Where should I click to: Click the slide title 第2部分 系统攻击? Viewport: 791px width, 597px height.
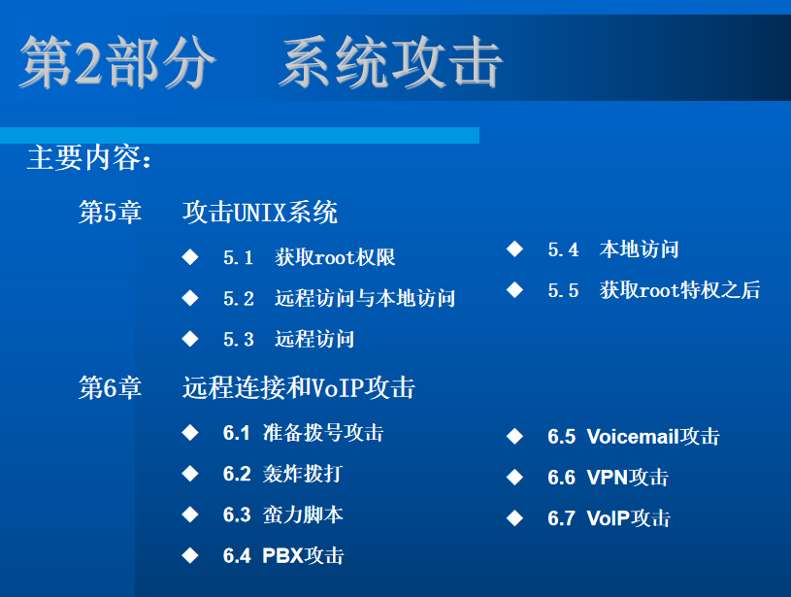[x=260, y=63]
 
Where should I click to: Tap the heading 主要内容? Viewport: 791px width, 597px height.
[x=89, y=159]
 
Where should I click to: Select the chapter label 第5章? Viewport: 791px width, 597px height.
[x=110, y=212]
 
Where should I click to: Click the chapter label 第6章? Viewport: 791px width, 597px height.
[x=110, y=388]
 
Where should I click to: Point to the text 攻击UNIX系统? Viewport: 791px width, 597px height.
[x=259, y=212]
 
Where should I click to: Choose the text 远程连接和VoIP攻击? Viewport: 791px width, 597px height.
[x=298, y=388]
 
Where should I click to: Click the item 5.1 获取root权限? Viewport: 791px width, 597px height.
[x=309, y=257]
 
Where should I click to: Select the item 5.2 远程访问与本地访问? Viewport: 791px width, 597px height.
[x=339, y=298]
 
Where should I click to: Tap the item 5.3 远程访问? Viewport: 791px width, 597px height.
[x=288, y=339]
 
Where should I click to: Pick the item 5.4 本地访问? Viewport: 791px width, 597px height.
[x=612, y=249]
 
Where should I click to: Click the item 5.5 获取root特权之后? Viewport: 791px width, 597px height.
[x=653, y=290]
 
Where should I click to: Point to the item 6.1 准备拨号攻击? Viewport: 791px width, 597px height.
[x=303, y=433]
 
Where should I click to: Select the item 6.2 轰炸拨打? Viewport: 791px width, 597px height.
[x=281, y=474]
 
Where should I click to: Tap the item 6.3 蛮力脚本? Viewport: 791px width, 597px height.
[x=282, y=514]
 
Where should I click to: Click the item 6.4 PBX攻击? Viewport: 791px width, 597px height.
[x=282, y=555]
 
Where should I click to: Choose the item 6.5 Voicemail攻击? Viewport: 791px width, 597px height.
[x=633, y=437]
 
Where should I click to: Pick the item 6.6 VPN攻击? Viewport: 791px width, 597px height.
[x=608, y=478]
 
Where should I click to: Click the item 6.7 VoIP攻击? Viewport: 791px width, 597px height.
[x=609, y=518]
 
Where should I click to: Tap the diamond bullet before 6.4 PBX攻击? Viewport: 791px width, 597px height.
[x=190, y=555]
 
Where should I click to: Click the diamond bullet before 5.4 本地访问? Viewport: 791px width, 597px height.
[x=514, y=249]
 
